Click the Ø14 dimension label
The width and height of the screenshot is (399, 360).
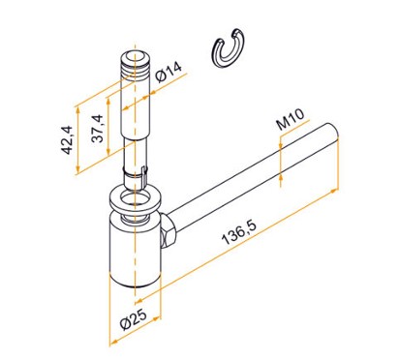pyautogui.click(x=169, y=72)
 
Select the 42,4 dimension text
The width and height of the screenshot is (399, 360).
pyautogui.click(x=68, y=139)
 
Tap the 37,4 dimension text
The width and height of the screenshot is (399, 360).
pyautogui.click(x=97, y=129)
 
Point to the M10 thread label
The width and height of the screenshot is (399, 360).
pyautogui.click(x=291, y=119)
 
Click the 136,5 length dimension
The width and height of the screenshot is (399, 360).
pyautogui.click(x=239, y=231)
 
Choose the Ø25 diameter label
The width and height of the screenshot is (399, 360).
pyautogui.click(x=134, y=318)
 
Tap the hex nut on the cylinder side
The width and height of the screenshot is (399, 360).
pyautogui.click(x=169, y=230)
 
